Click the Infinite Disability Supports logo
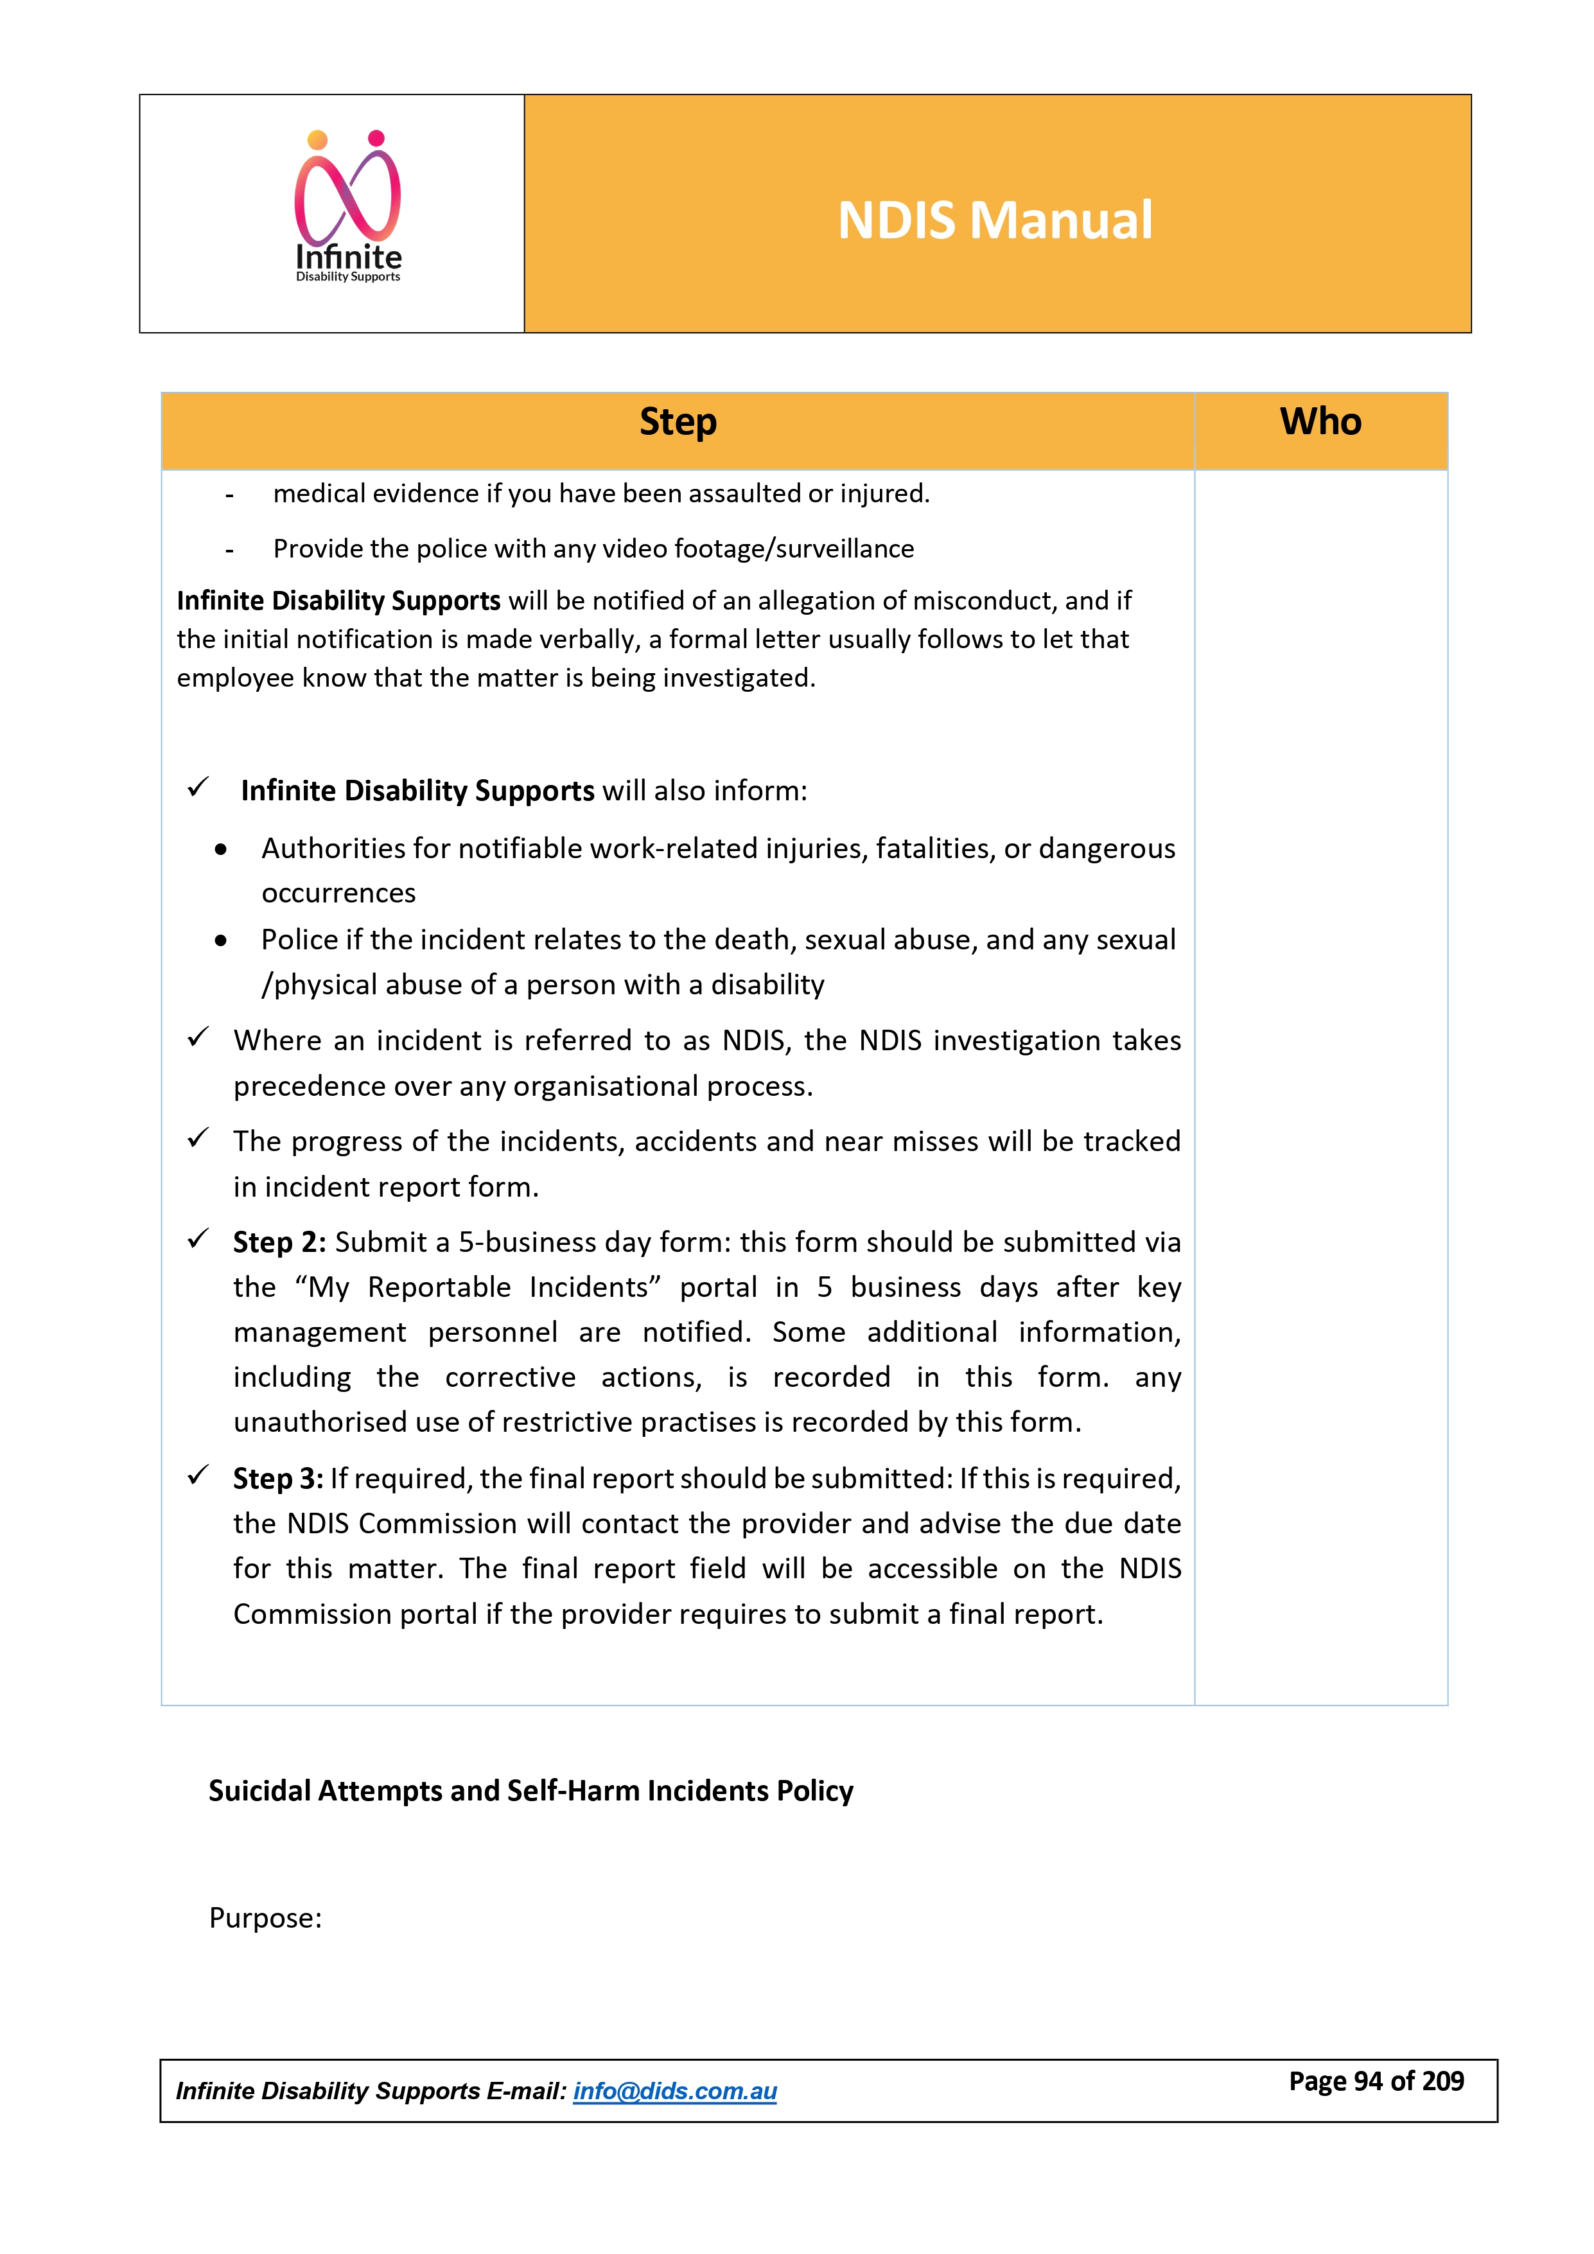349,208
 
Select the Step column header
678,422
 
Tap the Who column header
1320,422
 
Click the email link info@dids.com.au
674,2091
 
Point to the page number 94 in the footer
1368,2081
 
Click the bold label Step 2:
279,1243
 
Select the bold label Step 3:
278,1479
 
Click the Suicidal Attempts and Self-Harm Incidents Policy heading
530,1791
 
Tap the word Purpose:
265,1918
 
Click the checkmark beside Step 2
198,1239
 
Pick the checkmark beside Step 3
198,1475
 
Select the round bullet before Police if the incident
221,940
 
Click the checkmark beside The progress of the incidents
198,1138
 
